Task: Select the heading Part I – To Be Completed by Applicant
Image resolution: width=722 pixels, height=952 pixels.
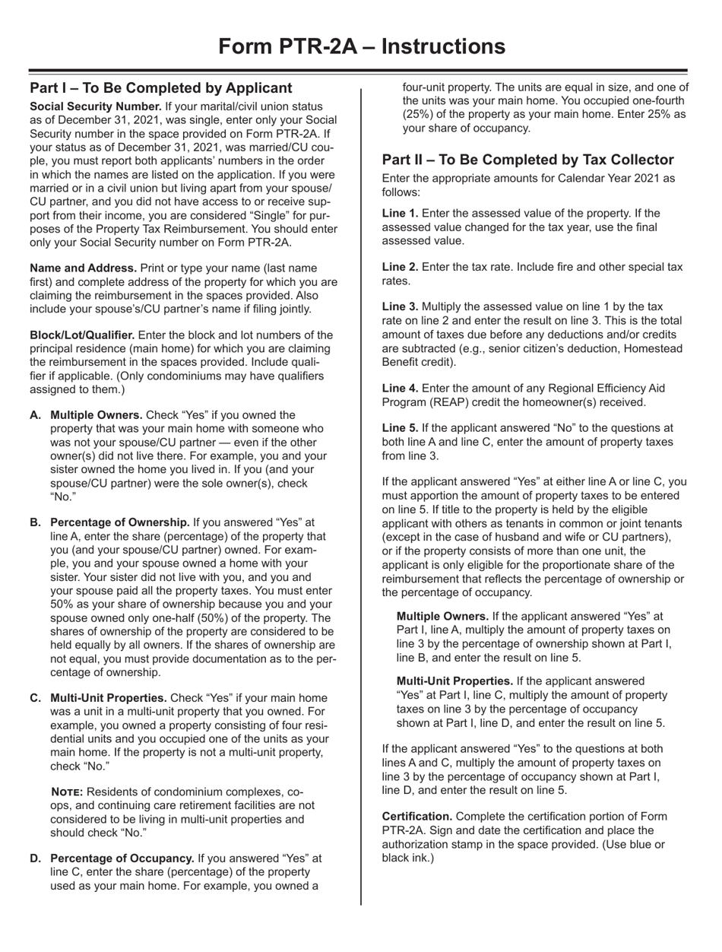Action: (x=160, y=87)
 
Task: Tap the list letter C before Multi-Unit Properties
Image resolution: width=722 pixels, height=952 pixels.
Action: (x=35, y=677)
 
